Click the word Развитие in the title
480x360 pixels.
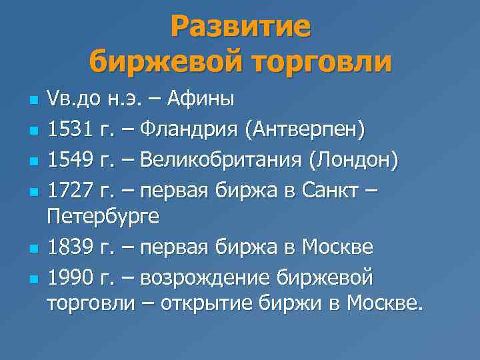click(x=240, y=27)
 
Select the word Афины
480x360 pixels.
click(x=201, y=101)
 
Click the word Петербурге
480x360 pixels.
click(x=104, y=217)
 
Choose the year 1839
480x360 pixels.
click(x=67, y=247)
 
